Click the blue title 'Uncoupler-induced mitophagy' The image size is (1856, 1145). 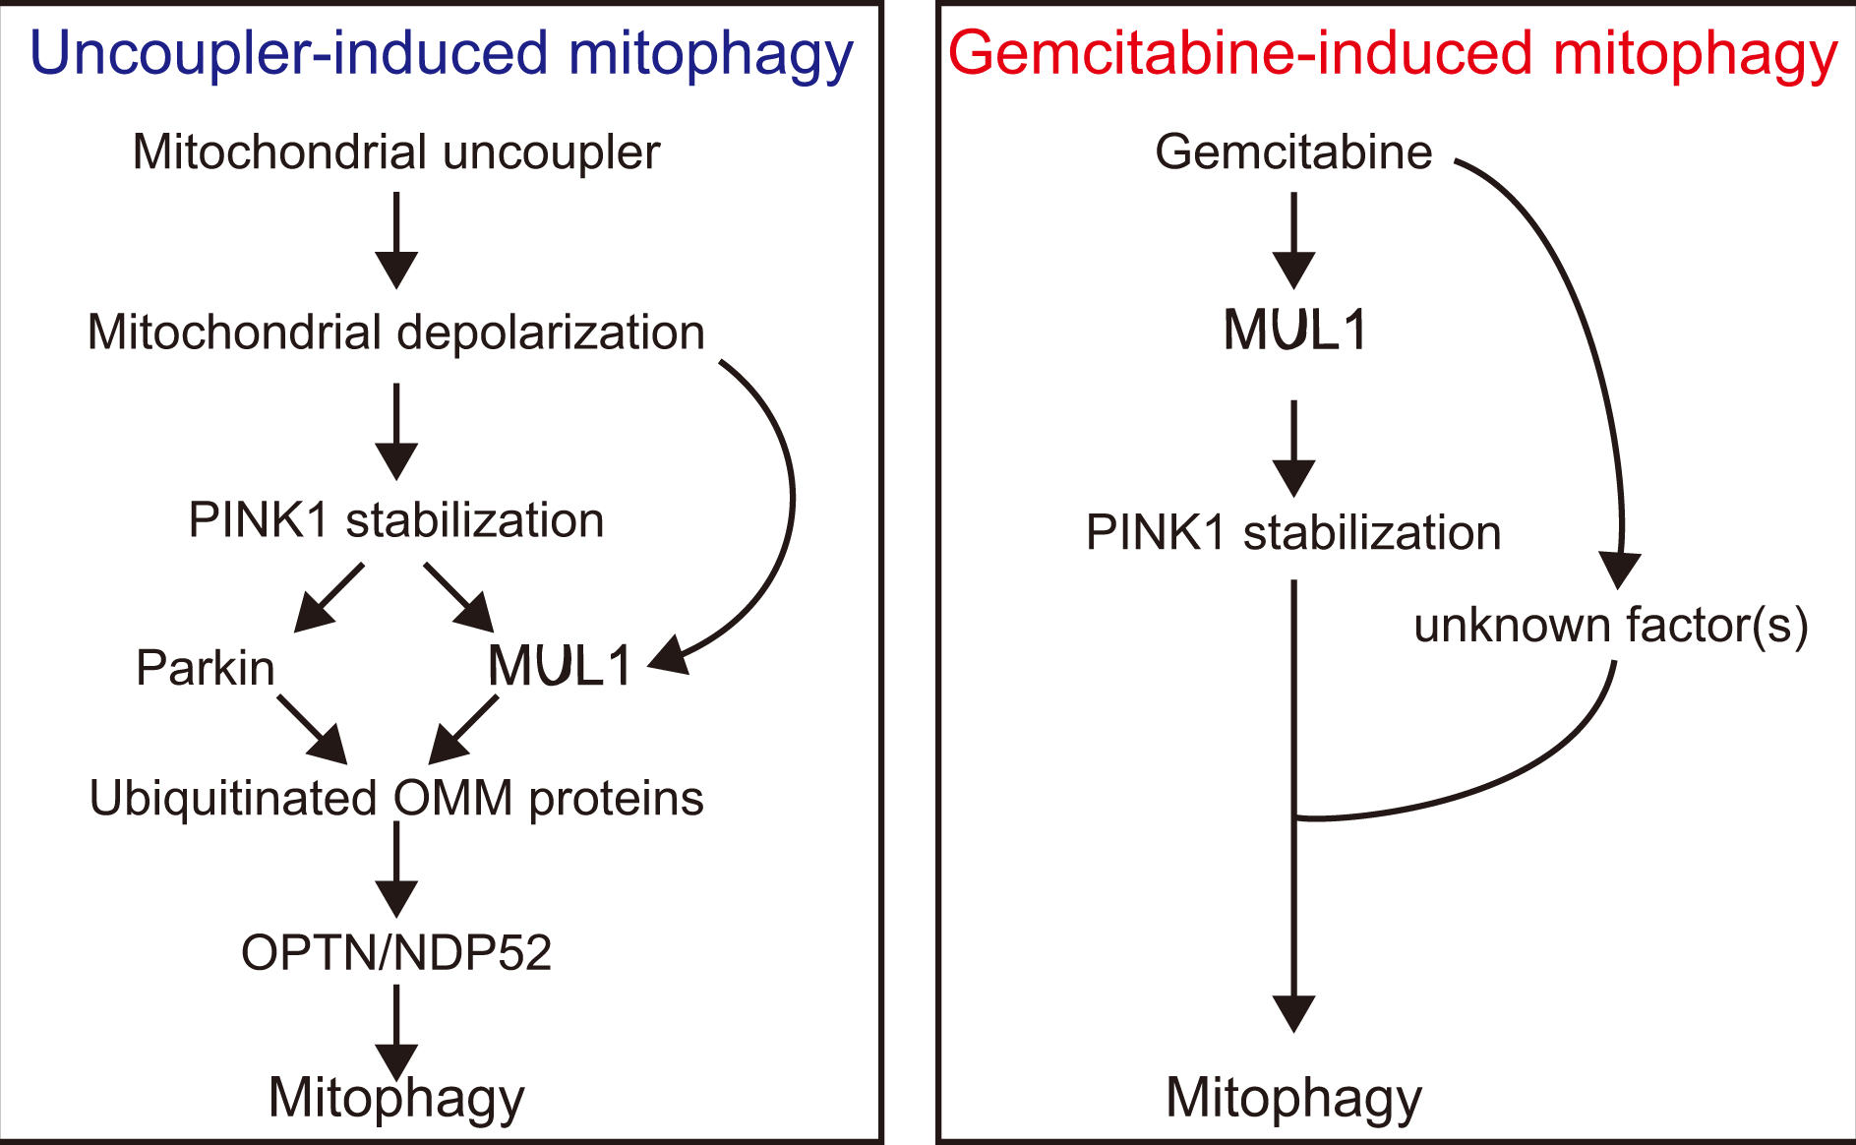point(441,54)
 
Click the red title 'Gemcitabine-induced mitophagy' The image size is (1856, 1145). point(1392,54)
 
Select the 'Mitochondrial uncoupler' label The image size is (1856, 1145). point(396,152)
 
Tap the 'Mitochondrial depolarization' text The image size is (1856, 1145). point(396,332)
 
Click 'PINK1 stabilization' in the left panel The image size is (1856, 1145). point(396,520)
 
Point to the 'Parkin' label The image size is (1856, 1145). point(205,668)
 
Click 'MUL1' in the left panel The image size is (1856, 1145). point(559,666)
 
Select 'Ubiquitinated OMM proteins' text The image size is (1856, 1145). point(396,798)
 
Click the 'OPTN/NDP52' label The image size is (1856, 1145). point(396,952)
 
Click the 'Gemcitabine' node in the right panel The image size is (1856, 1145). point(1293,152)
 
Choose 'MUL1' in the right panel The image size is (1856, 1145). point(1294,330)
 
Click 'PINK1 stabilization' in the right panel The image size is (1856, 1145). point(1293,533)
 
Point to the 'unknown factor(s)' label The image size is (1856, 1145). point(1611,626)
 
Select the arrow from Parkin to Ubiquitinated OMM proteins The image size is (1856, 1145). point(312,729)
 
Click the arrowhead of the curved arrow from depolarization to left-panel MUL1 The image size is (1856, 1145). point(669,655)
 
